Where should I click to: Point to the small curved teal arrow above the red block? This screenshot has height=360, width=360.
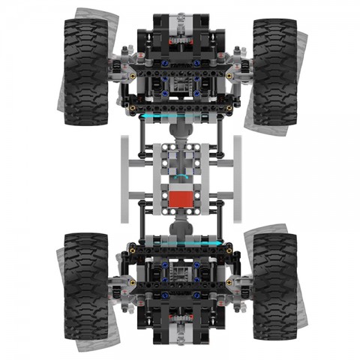coord(180,178)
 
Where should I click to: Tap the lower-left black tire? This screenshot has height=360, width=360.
coord(86,286)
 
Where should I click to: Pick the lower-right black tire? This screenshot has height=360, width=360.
coord(274,286)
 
